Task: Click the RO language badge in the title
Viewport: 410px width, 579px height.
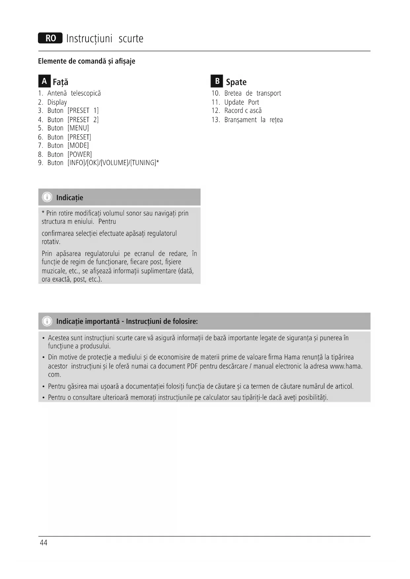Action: tap(50, 38)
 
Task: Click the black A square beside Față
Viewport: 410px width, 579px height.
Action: tap(44, 81)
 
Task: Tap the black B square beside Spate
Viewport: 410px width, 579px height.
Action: tap(217, 81)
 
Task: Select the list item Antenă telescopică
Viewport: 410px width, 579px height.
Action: tap(74, 93)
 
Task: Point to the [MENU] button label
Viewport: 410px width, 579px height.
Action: tap(78, 128)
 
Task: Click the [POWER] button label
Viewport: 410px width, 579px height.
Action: tap(80, 154)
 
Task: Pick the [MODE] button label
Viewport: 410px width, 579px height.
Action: tap(78, 146)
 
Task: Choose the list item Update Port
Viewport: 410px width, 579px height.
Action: tap(242, 102)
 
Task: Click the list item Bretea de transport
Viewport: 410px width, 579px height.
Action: tap(252, 93)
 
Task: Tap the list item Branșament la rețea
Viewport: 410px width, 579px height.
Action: tap(253, 120)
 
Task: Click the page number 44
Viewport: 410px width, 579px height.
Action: tap(44, 543)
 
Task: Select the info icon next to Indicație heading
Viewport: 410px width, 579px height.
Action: tap(47, 197)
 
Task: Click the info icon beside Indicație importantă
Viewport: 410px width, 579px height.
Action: tap(47, 321)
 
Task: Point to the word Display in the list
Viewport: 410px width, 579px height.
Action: tap(57, 102)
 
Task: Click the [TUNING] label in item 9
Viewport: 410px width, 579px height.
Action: tap(143, 163)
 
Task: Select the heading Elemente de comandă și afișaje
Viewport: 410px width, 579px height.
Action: tap(87, 61)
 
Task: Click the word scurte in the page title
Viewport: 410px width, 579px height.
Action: tap(131, 39)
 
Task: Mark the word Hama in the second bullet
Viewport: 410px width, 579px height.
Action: tap(292, 357)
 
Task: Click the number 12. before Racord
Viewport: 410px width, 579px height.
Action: tap(216, 111)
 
